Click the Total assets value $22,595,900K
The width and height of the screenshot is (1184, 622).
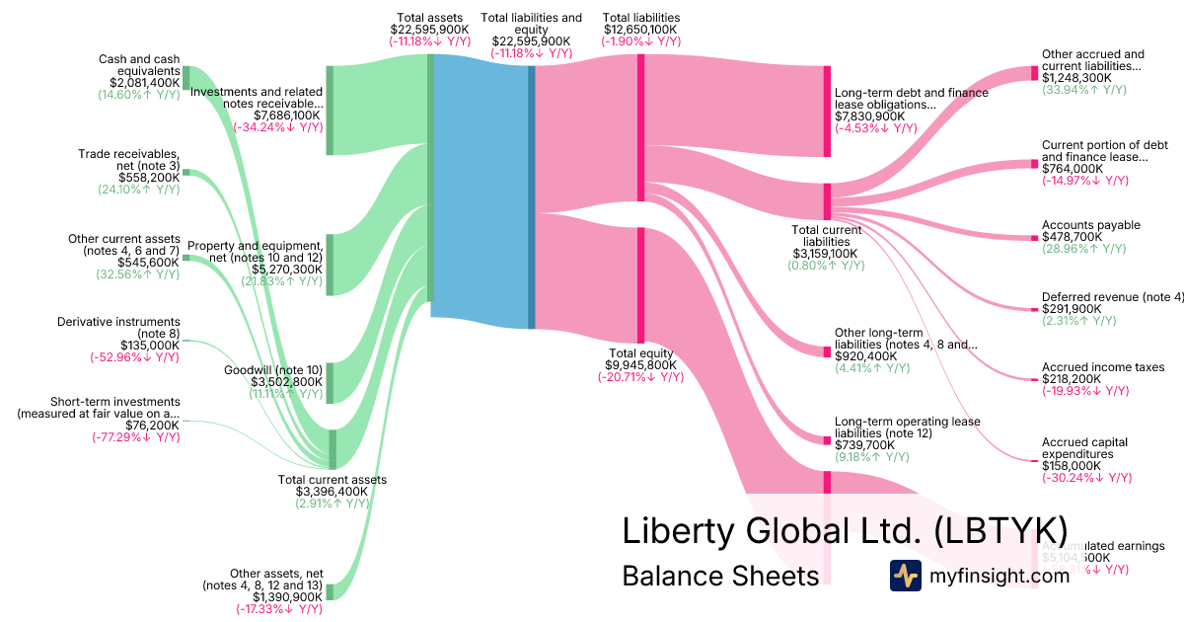[429, 30]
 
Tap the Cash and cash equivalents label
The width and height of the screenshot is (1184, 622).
[139, 65]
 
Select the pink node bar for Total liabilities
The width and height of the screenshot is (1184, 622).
[640, 128]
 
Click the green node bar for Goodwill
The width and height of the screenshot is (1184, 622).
[330, 382]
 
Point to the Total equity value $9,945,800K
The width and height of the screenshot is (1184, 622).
[640, 364]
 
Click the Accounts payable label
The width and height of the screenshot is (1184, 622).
[1090, 225]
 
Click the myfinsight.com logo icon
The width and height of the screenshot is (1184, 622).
[905, 576]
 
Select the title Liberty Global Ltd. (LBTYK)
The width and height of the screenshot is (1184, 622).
[844, 529]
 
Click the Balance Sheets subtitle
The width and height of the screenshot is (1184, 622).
[720, 576]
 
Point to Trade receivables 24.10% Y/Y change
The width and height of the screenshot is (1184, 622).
[138, 190]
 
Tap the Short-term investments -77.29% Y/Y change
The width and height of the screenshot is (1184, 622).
[135, 437]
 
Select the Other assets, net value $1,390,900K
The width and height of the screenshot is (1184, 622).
[287, 597]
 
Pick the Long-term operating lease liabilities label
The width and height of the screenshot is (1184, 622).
[907, 427]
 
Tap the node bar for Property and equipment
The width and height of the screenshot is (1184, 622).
[330, 265]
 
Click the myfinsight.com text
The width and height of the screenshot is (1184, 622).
[999, 576]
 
